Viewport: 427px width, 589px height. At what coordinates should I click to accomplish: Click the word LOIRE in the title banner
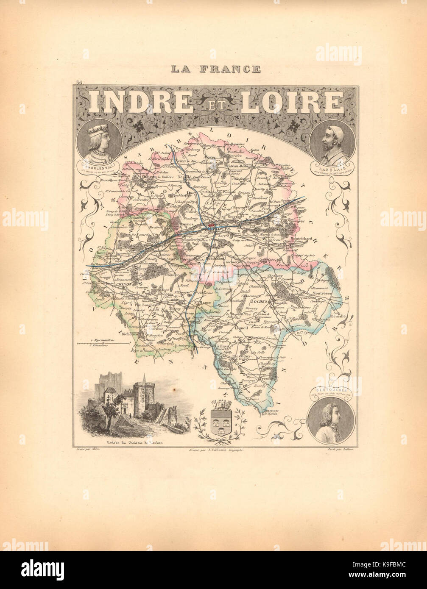coord(293,103)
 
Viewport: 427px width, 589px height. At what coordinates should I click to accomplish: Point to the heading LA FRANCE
coord(215,69)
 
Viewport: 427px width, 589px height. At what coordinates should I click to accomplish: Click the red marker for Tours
coord(211,225)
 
